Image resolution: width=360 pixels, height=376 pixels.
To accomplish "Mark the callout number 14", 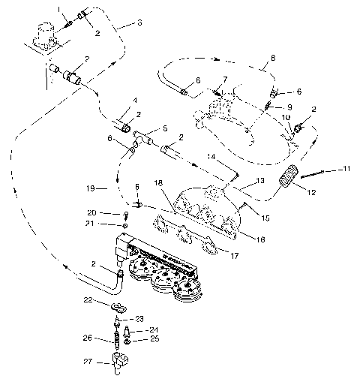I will click(x=212, y=157).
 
